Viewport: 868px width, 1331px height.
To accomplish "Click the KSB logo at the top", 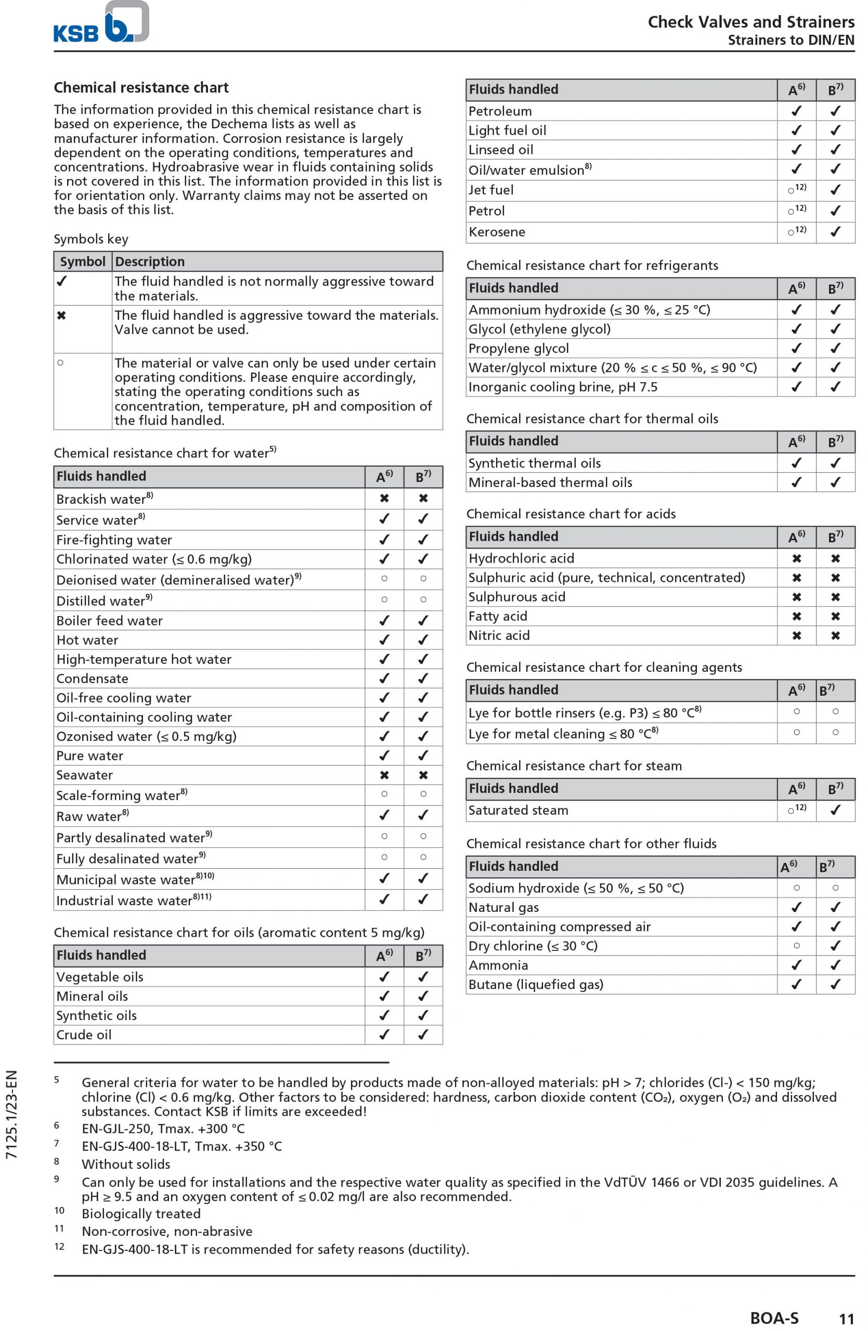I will [101, 23].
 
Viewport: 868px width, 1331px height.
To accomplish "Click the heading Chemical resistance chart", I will [141, 88].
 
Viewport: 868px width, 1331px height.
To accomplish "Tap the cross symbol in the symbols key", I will [61, 316].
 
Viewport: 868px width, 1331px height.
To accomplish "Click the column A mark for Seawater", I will [384, 775].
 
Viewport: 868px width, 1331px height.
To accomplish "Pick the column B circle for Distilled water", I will [423, 599].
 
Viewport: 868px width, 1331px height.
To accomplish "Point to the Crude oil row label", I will [84, 1035].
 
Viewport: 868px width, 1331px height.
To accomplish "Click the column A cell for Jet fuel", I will [796, 190].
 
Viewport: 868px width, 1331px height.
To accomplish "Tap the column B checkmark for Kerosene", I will [835, 231].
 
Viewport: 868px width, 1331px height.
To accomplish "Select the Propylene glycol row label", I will [519, 348].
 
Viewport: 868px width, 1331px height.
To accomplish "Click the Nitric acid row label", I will [499, 636].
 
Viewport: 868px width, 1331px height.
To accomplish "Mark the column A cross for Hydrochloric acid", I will [796, 558].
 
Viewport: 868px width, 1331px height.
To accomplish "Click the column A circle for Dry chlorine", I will [796, 946].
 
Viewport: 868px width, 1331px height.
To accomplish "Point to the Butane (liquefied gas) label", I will [536, 985].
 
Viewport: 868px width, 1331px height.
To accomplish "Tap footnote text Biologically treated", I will [141, 1214].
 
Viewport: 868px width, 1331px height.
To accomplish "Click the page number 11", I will [846, 1319].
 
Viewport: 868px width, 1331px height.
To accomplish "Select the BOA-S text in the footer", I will [774, 1318].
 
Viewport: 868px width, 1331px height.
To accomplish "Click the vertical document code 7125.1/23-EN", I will [12, 1114].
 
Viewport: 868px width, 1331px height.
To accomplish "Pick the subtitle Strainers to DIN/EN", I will [791, 40].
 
